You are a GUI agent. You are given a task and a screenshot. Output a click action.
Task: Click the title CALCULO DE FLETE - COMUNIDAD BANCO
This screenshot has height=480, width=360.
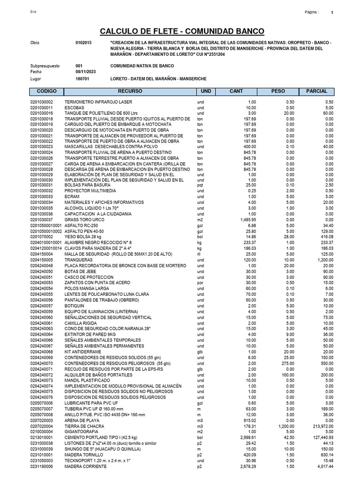[182, 31]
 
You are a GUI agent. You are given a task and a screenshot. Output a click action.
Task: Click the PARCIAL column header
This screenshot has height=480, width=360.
[316, 91]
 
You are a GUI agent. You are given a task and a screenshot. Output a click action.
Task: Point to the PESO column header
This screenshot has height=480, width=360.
[278, 91]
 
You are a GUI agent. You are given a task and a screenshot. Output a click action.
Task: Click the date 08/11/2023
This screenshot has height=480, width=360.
[85, 72]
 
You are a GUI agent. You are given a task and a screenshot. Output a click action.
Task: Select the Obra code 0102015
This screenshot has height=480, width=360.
[83, 43]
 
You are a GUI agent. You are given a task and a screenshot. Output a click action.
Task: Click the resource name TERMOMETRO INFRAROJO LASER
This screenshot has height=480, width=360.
[98, 102]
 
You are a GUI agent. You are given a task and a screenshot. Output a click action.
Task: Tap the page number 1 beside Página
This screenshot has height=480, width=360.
[332, 13]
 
